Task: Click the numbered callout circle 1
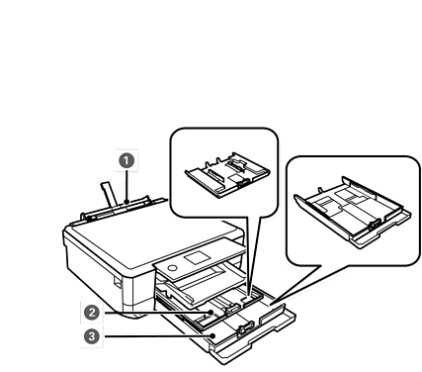click(x=127, y=161)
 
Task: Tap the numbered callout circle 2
click(x=92, y=313)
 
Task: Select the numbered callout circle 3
click(x=92, y=336)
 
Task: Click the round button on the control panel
click(x=173, y=267)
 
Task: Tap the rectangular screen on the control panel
click(x=197, y=257)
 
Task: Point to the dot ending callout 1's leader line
click(x=127, y=202)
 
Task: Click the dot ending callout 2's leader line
click(x=211, y=312)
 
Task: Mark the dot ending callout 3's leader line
click(x=213, y=336)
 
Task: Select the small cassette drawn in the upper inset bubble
click(x=227, y=175)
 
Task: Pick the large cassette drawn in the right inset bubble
click(x=353, y=212)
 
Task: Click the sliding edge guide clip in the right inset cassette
click(x=375, y=226)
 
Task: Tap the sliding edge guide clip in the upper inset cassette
click(x=244, y=182)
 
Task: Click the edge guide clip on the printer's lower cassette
click(x=244, y=328)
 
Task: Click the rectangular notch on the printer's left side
click(x=118, y=282)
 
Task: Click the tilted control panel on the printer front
click(x=200, y=260)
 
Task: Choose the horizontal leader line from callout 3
click(x=157, y=336)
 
